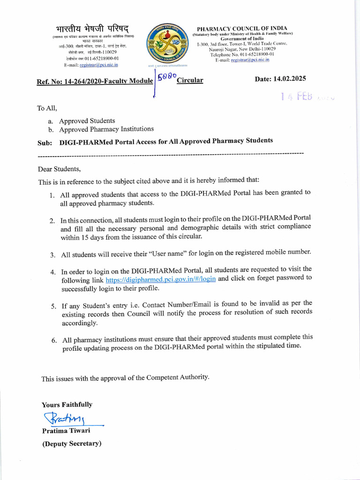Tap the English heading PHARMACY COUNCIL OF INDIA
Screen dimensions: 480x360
[242, 28]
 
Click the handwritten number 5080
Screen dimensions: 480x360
[167, 76]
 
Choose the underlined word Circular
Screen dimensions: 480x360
[190, 80]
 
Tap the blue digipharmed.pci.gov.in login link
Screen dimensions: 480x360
[161, 279]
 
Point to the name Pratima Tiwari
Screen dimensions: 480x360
[66, 430]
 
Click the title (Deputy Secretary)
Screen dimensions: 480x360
[72, 443]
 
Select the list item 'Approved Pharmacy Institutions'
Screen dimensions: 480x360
[106, 129]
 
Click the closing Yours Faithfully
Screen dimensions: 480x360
[67, 405]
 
